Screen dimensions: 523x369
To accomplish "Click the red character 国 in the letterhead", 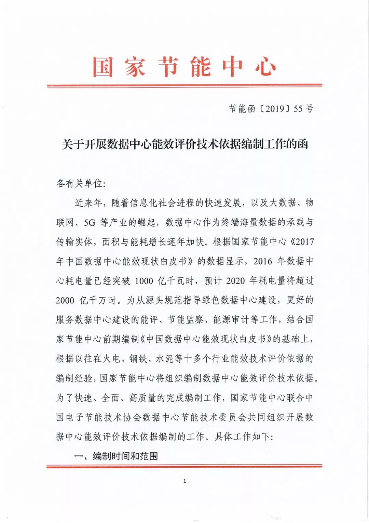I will (103, 67).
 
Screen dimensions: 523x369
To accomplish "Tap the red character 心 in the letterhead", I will (265, 67).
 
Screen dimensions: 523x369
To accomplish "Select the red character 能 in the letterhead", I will (201, 67).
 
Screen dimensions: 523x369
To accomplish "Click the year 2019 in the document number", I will (275, 109).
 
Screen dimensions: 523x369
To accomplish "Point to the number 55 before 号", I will (298, 109).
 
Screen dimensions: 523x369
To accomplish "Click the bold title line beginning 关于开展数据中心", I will (185, 144).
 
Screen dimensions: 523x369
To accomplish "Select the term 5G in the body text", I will (90, 223).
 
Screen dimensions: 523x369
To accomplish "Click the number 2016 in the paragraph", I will (263, 261).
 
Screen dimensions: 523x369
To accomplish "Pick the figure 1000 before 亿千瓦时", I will (144, 281).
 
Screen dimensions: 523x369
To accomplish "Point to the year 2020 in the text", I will (235, 281).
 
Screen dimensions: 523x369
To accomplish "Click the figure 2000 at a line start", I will (65, 301).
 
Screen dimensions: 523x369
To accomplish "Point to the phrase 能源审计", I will (231, 320).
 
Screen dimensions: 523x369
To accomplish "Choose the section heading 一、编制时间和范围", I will (116, 456).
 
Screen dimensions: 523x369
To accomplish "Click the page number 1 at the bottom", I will (185, 481).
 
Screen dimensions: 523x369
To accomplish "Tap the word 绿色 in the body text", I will (211, 301).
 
